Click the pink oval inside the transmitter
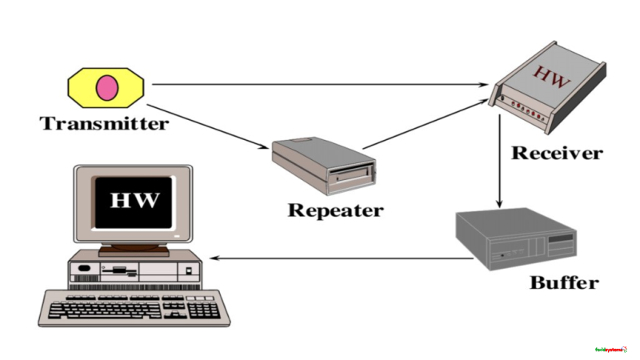106,87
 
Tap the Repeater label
335,211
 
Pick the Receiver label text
557,152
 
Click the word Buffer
563,282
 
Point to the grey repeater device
324,165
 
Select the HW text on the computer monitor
134,198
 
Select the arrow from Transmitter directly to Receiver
320,84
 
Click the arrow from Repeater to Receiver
424,124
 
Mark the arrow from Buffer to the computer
336,258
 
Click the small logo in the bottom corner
612,349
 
